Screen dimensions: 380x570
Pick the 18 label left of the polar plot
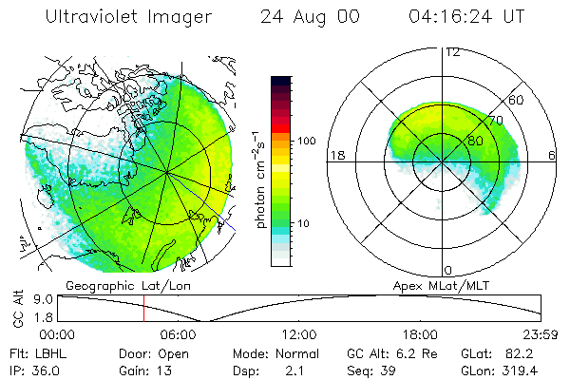[x=336, y=155]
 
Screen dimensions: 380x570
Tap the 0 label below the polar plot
[x=448, y=270]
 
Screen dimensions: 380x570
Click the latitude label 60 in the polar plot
[x=517, y=100]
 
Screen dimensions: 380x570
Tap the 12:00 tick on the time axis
[x=299, y=334]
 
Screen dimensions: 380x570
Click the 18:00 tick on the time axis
[x=420, y=334]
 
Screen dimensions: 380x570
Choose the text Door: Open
[x=153, y=353]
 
